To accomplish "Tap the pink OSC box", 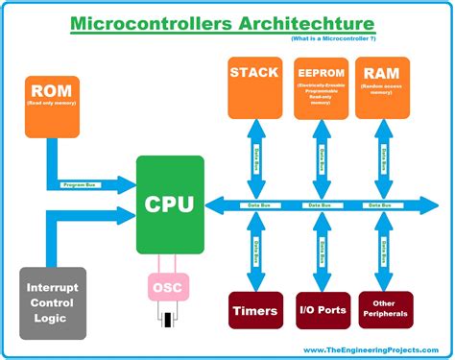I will [169, 287].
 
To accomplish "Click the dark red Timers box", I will [255, 311].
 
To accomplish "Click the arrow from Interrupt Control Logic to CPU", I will [86, 215].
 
